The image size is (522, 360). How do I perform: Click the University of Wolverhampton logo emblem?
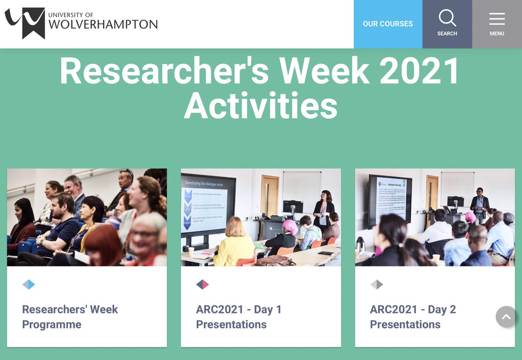(25, 23)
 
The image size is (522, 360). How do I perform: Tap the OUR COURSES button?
(388, 24)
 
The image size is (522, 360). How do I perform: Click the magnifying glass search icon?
(447, 19)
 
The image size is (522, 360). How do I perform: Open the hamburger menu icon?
(497, 19)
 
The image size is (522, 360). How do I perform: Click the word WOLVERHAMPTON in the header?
(103, 24)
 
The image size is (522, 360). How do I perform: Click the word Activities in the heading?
(261, 106)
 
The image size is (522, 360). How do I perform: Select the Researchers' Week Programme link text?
(70, 317)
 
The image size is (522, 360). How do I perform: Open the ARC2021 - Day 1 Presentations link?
(238, 317)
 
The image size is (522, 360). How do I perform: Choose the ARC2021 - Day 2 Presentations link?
(412, 317)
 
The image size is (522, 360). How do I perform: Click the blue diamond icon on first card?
(29, 285)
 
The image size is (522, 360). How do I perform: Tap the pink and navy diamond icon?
(203, 285)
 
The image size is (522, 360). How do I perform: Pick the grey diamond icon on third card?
(377, 285)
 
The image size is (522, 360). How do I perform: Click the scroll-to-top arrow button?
(506, 317)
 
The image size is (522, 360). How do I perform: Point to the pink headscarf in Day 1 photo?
(290, 226)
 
